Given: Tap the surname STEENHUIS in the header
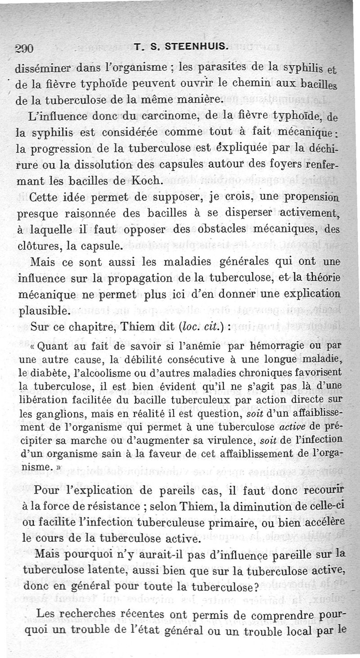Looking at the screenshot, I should click(x=202, y=45).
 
